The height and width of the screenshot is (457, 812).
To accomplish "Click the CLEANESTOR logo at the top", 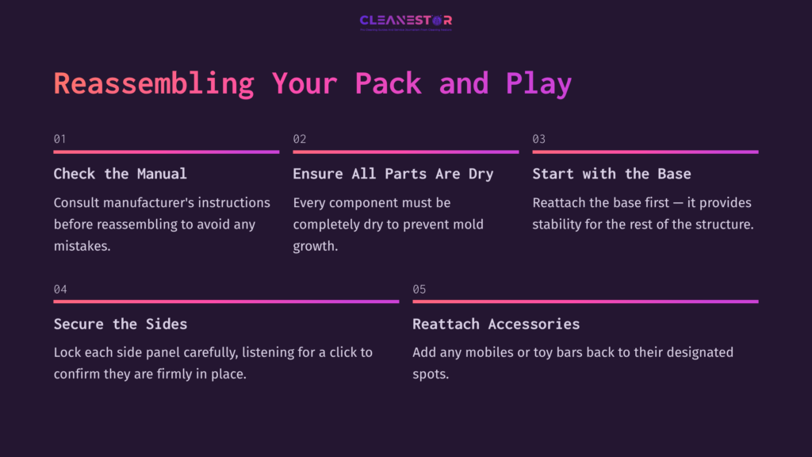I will pyautogui.click(x=405, y=21).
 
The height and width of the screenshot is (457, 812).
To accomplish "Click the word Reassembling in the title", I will pyautogui.click(x=154, y=83).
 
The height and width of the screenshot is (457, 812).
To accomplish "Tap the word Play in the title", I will pyautogui.click(x=538, y=83).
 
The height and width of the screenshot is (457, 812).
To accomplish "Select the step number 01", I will pyautogui.click(x=60, y=139).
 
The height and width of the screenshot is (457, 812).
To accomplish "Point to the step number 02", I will pyautogui.click(x=300, y=139).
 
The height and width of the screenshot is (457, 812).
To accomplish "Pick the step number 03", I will pyautogui.click(x=539, y=139).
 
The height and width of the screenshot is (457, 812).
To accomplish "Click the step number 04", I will pyautogui.click(x=60, y=289).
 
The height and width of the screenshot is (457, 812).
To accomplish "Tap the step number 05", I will pyautogui.click(x=419, y=289).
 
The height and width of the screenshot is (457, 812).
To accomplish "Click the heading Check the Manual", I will pyautogui.click(x=121, y=174).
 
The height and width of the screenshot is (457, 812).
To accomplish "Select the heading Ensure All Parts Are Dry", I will pyautogui.click(x=393, y=174).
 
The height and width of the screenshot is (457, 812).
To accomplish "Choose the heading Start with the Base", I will pyautogui.click(x=611, y=174).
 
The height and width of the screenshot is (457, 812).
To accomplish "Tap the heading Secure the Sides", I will pyautogui.click(x=121, y=324).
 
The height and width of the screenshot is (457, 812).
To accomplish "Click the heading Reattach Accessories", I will pyautogui.click(x=496, y=324).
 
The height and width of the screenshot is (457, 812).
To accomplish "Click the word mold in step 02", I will pyautogui.click(x=467, y=224).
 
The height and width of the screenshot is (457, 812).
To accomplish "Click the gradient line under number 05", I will pyautogui.click(x=585, y=301).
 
